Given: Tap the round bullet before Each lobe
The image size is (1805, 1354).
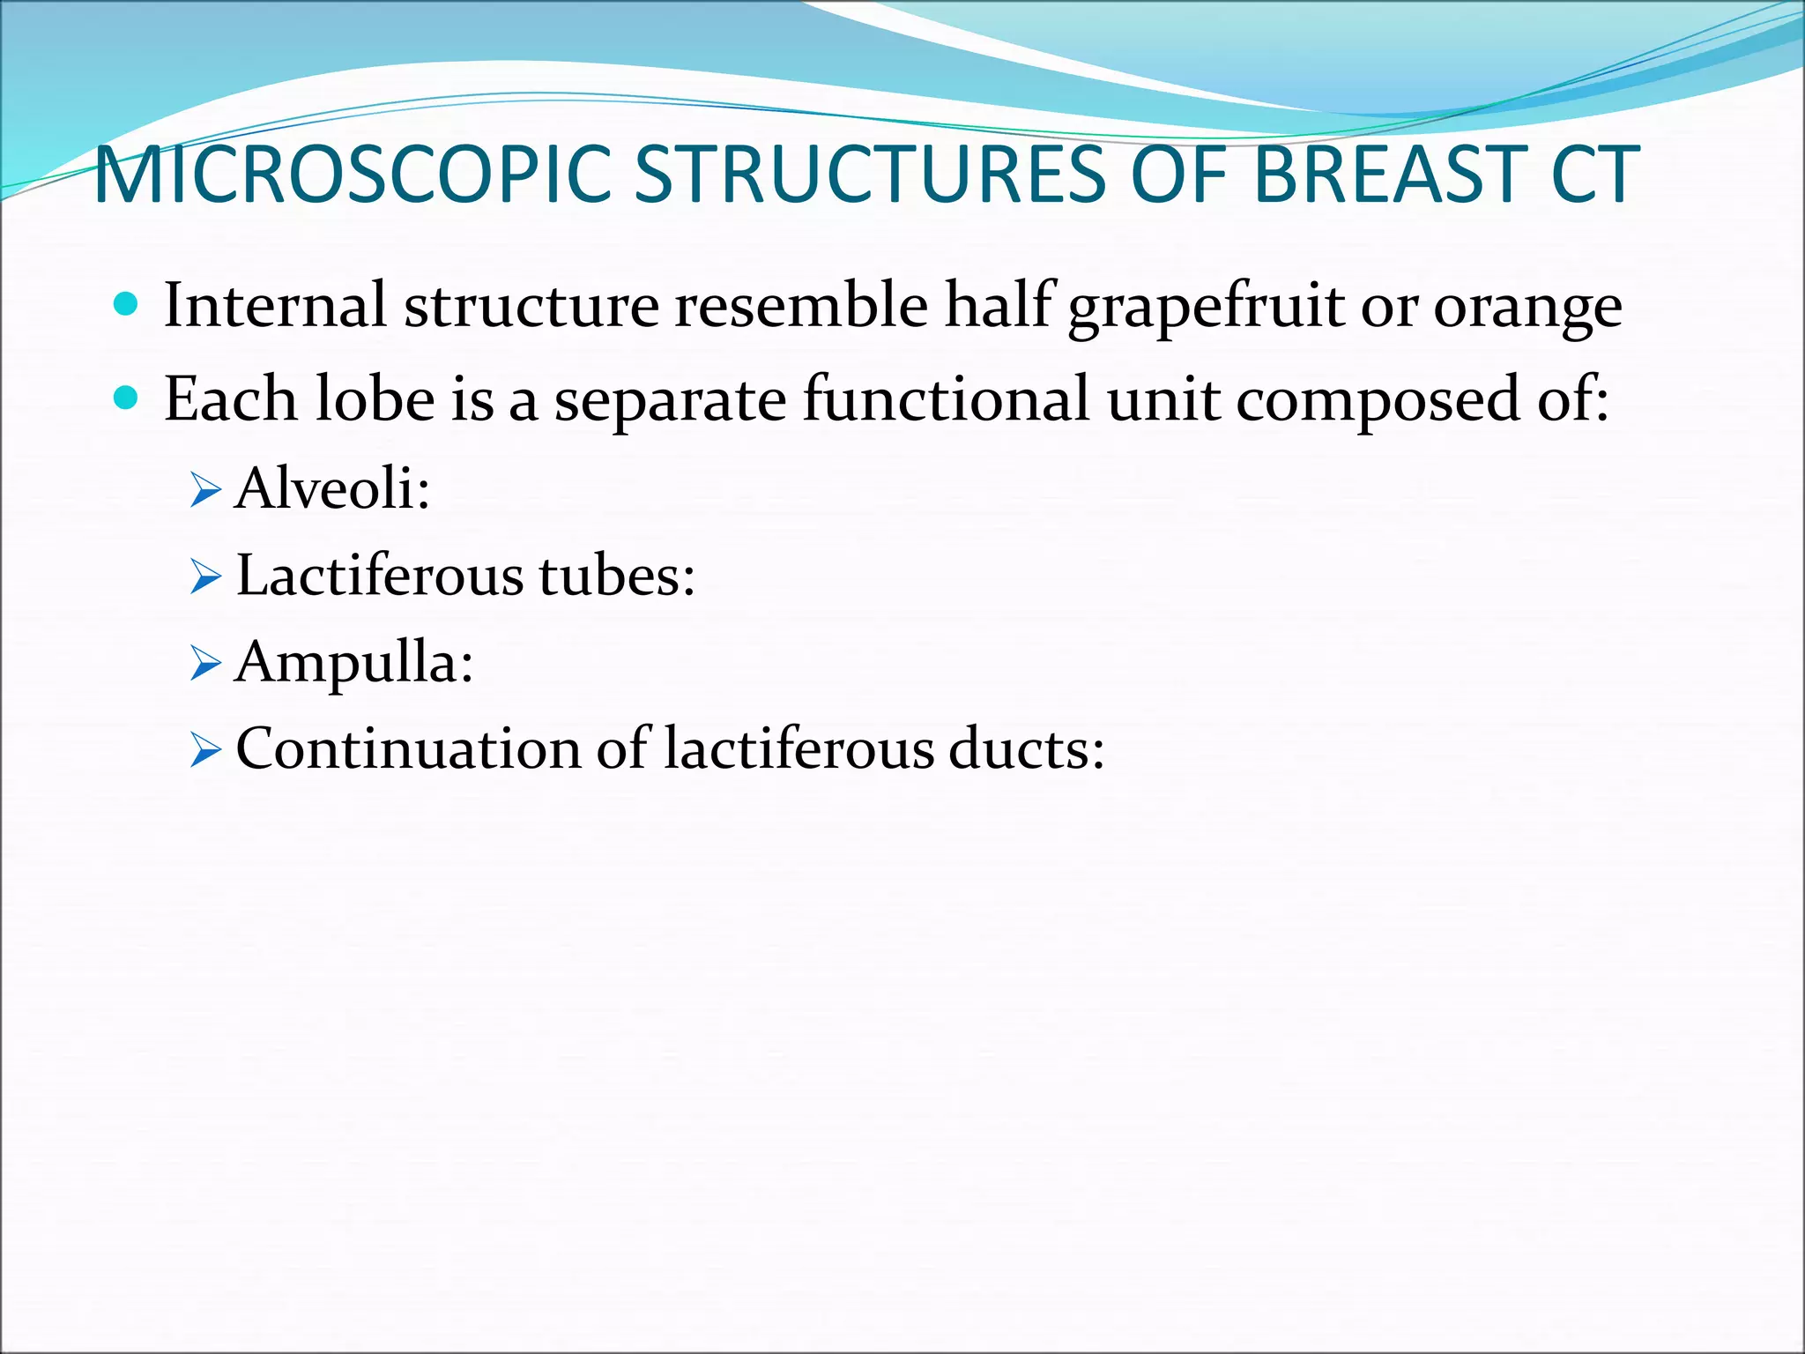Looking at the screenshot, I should (127, 399).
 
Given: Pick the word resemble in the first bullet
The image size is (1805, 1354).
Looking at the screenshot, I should (800, 305).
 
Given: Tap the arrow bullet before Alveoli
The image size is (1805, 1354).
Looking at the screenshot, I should (204, 490).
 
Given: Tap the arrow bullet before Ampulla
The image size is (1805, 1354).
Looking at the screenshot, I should (204, 665).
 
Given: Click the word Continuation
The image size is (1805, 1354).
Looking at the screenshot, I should (408, 749).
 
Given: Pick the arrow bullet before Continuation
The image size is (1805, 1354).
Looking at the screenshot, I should (204, 752).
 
